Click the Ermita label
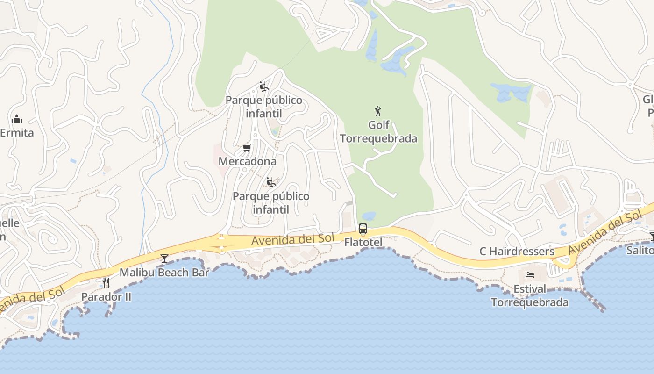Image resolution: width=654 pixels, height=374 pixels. [17, 133]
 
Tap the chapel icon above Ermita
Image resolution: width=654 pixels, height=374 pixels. [17, 119]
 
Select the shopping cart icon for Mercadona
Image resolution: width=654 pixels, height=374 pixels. [247, 148]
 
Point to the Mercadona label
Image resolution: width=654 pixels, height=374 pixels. [248, 162]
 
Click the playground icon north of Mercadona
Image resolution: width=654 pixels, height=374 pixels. [264, 86]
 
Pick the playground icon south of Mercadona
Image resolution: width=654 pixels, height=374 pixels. [271, 182]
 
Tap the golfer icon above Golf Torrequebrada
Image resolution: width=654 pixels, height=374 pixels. [378, 111]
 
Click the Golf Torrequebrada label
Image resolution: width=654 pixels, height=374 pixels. [378, 132]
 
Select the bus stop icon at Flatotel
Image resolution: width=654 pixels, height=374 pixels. [363, 229]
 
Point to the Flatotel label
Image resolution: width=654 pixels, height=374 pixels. [363, 243]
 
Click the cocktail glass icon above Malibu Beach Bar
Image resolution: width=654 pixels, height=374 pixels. [164, 258]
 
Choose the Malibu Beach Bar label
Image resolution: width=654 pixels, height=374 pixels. [164, 273]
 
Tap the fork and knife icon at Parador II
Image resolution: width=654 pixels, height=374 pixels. [106, 283]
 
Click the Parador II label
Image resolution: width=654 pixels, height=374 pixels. [106, 297]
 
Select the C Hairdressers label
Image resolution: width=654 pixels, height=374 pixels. [517, 252]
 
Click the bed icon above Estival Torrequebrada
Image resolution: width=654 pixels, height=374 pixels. [530, 275]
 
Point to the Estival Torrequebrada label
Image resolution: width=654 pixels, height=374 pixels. [530, 295]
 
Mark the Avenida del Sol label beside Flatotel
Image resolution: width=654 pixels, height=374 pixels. [292, 239]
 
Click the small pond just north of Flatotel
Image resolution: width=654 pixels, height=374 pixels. [369, 216]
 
